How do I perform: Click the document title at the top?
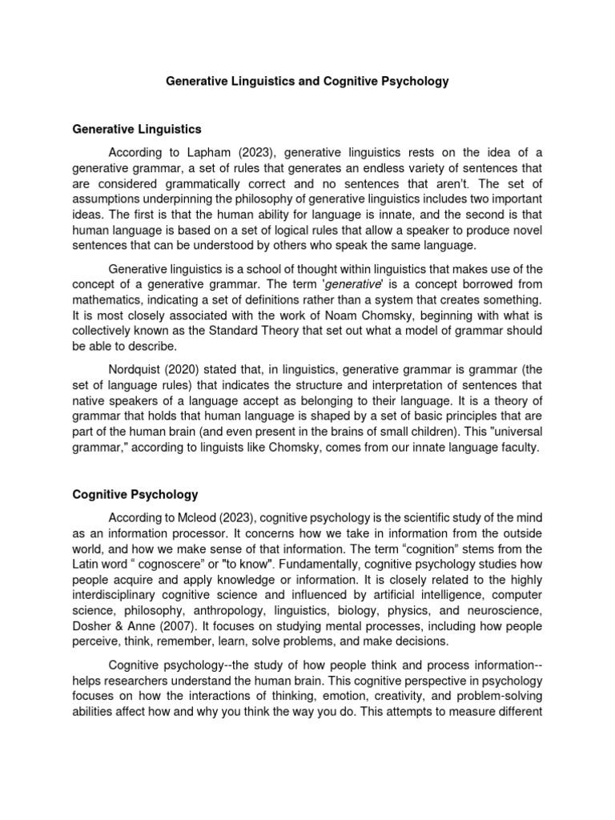(x=307, y=82)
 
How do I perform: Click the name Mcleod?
(x=189, y=518)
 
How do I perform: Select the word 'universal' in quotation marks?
(x=515, y=433)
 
